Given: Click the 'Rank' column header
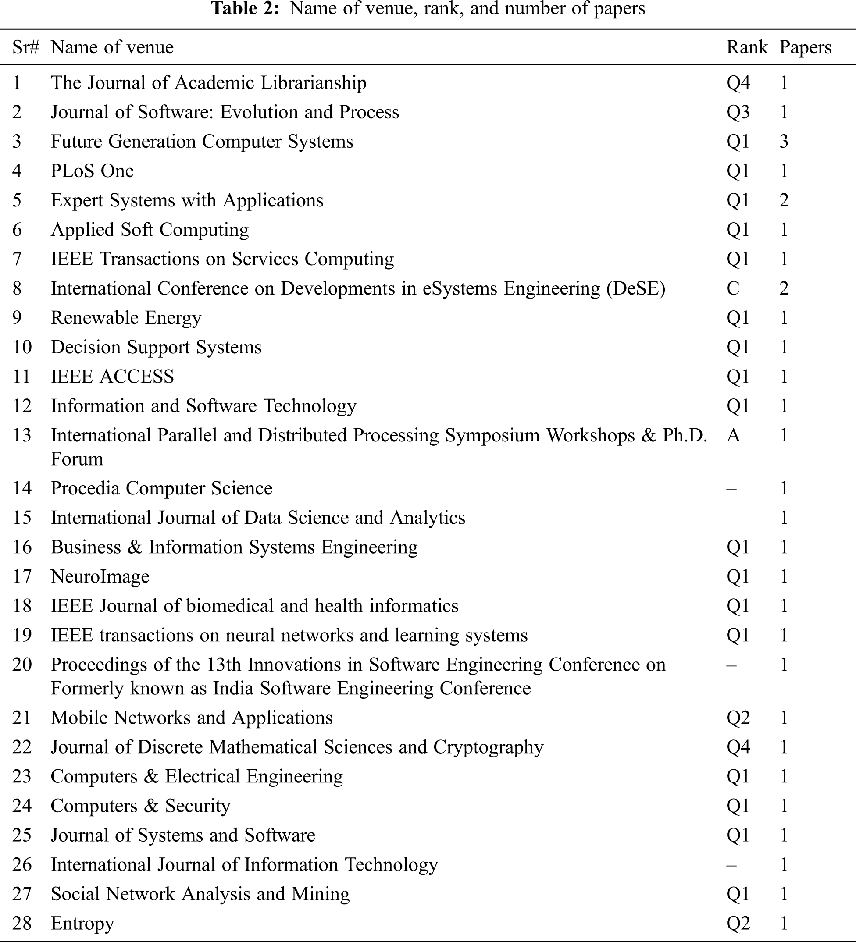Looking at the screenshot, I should [747, 47].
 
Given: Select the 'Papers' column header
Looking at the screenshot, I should [805, 47].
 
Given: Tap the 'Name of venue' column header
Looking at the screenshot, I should [112, 47].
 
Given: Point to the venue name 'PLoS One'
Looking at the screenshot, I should [92, 171].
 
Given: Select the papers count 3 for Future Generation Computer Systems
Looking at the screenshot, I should [784, 142].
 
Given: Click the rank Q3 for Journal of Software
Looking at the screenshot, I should [738, 112].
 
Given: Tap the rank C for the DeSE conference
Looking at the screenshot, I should [733, 288].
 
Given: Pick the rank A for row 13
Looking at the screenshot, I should [733, 435].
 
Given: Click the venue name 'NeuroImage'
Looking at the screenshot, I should [100, 576].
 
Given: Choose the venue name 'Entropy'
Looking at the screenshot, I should [82, 923].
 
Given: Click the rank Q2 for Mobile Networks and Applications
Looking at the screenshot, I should [738, 718].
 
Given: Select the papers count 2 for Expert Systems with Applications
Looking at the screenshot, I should [784, 200].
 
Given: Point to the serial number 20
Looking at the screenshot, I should [21, 665].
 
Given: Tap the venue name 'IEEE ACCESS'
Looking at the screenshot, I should [112, 377].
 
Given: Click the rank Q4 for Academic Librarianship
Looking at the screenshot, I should [738, 83].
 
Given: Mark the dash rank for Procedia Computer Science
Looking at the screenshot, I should [731, 489].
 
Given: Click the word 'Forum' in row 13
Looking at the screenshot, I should [77, 459].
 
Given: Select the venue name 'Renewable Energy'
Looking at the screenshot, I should [126, 318].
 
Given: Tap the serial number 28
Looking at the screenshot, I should [21, 923].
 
